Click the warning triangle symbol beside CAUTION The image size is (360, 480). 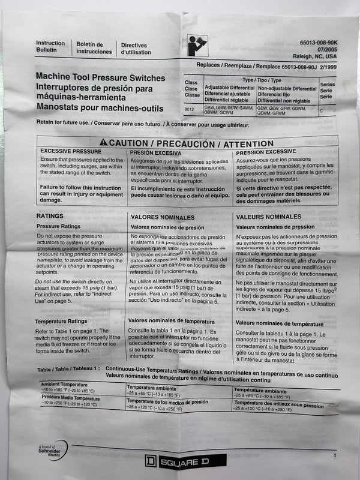103,142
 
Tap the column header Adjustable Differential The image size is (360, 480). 229,88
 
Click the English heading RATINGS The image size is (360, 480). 50,215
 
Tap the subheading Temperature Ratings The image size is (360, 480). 62,322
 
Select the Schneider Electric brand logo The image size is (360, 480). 52,451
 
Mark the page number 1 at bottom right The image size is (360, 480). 334,456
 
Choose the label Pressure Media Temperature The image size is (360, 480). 71,397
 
